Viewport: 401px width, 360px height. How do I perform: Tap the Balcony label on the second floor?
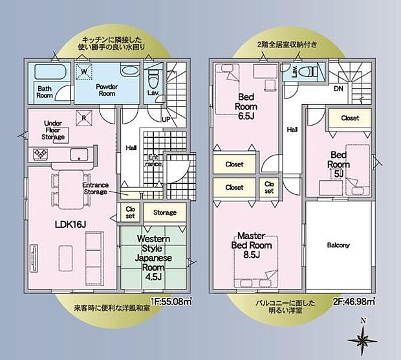[338, 245]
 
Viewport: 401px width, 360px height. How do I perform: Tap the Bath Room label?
[45, 92]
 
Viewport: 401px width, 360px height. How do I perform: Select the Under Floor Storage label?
[53, 129]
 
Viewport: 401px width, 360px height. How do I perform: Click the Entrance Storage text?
[96, 188]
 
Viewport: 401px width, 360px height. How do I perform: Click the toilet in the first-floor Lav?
[153, 80]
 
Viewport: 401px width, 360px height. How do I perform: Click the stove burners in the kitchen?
[39, 154]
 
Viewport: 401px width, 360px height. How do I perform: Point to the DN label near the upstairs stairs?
[338, 89]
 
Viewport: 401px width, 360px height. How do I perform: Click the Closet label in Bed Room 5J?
[349, 118]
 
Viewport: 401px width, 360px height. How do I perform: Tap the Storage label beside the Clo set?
[164, 212]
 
